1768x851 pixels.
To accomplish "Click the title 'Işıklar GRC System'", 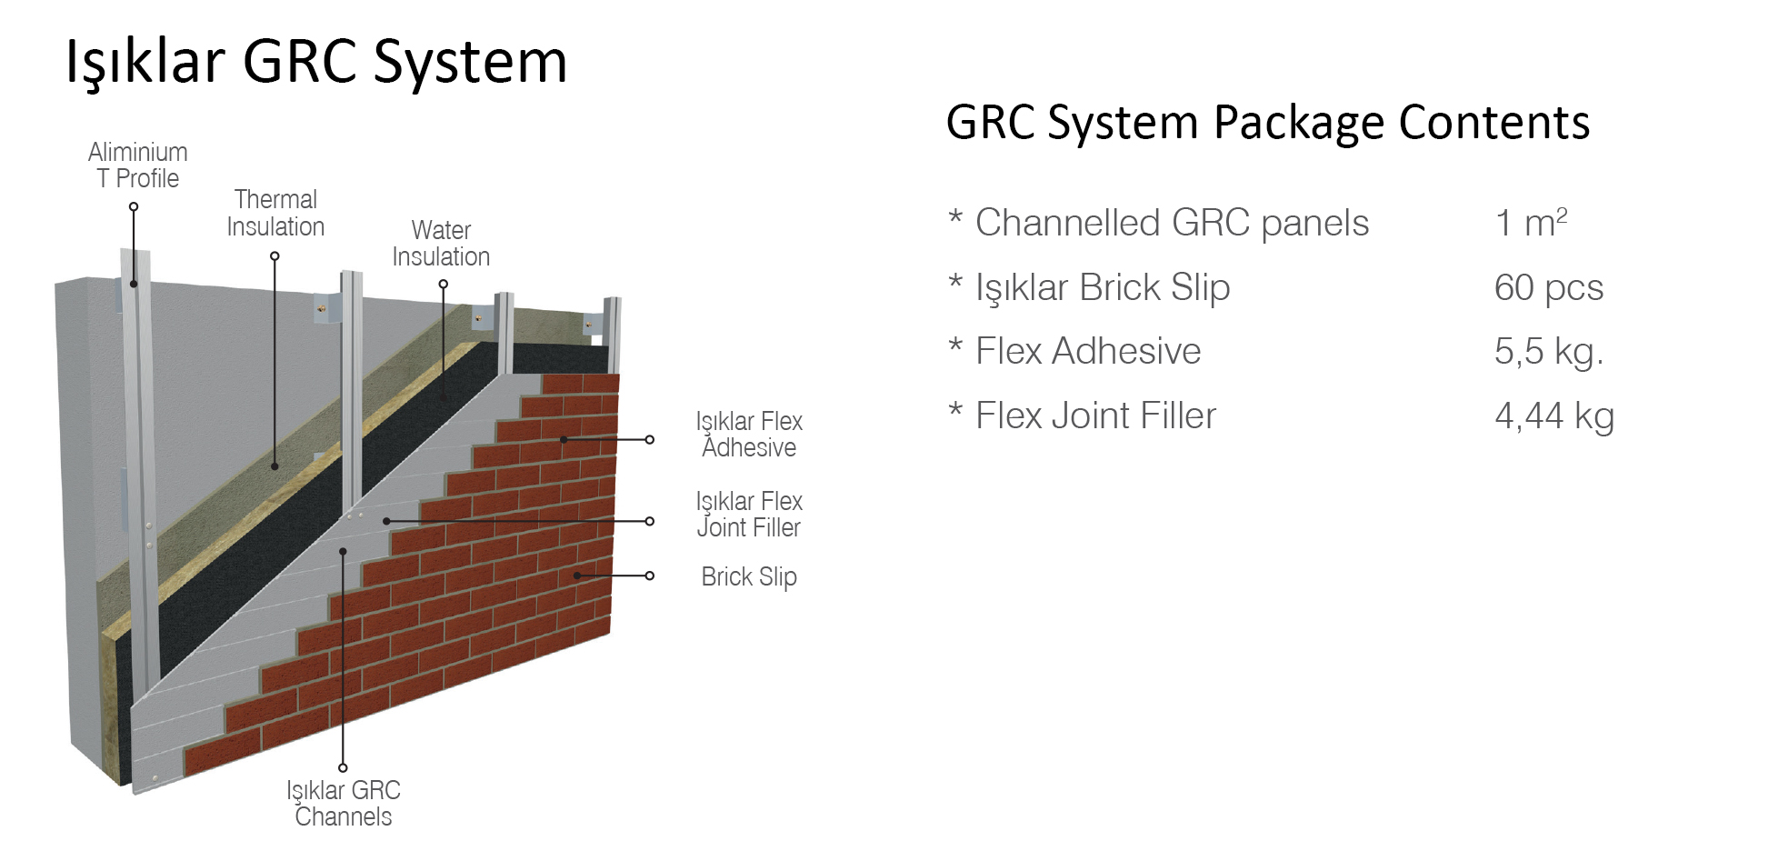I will (316, 62).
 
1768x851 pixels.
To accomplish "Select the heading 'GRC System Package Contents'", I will (1267, 123).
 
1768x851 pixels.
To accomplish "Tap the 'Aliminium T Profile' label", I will (138, 165).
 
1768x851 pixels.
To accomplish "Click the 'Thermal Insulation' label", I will (275, 213).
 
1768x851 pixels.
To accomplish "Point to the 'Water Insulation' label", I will (441, 244).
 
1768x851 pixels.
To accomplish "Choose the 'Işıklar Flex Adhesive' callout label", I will (749, 435).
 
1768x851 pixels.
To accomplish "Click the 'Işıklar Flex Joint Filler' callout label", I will (749, 515).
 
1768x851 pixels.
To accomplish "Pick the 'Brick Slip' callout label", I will (749, 576).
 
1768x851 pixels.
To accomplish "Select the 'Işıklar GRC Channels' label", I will (344, 803).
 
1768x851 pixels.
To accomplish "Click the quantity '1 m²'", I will (1531, 223).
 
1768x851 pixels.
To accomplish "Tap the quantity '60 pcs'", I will (1548, 287).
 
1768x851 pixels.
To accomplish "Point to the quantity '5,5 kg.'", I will (1548, 351).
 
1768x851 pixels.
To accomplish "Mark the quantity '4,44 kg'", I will (1553, 415).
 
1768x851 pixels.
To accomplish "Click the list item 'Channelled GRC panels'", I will (1172, 223).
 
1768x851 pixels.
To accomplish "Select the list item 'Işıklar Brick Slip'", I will (1102, 287).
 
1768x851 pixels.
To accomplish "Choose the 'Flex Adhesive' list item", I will (1088, 351).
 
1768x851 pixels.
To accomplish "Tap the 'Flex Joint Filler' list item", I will (1095, 415).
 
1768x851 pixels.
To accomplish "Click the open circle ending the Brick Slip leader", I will (649, 576).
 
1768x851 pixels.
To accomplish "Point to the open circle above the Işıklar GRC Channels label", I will (343, 768).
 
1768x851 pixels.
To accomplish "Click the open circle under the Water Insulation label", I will (444, 285).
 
